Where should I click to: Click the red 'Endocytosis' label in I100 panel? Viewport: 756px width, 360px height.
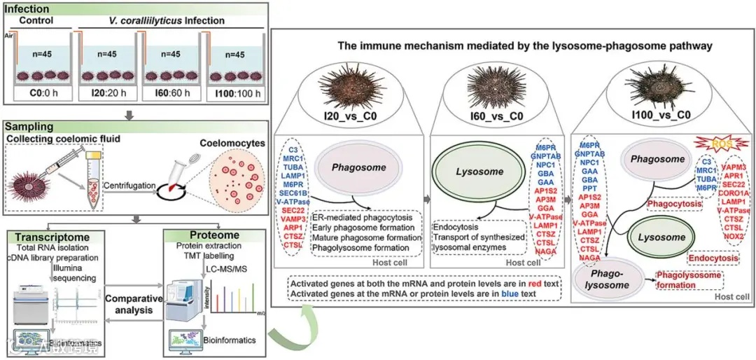pyautogui.click(x=714, y=258)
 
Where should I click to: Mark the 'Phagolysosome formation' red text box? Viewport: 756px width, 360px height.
pyautogui.click(x=689, y=279)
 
